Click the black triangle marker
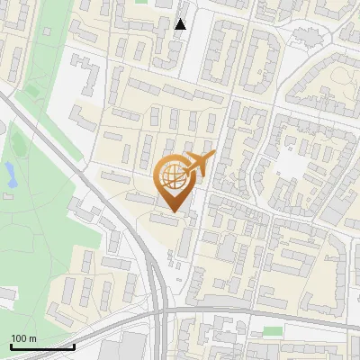click(181, 24)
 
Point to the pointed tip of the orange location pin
click(175, 211)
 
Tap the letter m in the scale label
click(33, 338)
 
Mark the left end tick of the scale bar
click(11, 346)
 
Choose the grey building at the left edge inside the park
click(7, 294)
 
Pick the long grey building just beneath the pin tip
click(166, 219)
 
